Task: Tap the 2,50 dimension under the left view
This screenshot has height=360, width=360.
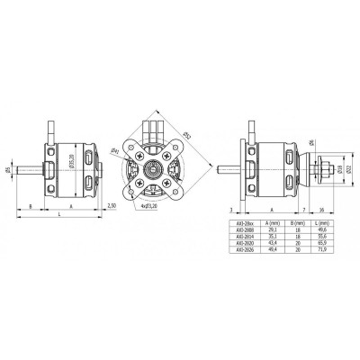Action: point(111,206)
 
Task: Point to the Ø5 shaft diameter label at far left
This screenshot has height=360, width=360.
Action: point(7,168)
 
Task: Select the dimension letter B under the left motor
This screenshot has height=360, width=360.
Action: point(31,206)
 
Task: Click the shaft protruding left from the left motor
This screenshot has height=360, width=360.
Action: point(27,168)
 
